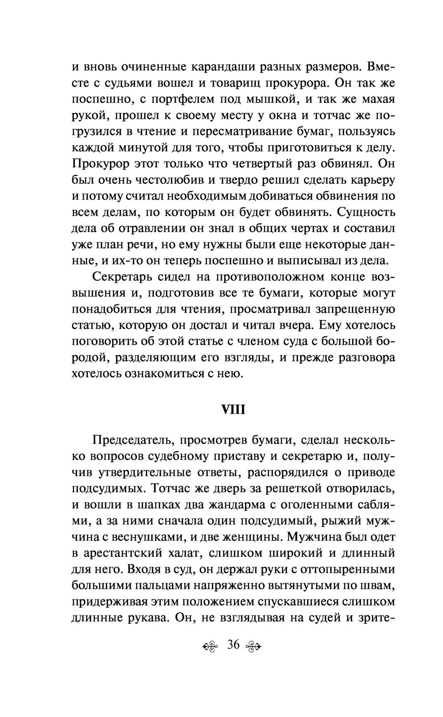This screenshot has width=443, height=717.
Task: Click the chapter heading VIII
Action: (x=233, y=409)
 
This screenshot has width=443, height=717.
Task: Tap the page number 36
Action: (x=233, y=645)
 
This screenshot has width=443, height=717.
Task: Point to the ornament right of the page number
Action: (x=254, y=646)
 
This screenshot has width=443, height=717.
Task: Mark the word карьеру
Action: (x=373, y=180)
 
